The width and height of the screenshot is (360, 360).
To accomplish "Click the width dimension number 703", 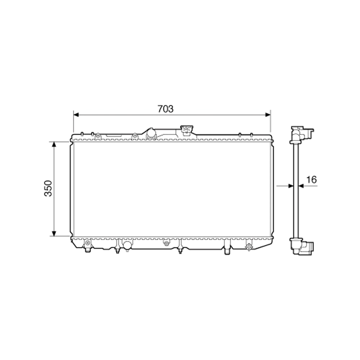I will tap(165, 109).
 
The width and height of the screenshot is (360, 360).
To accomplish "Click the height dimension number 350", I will tap(48, 188).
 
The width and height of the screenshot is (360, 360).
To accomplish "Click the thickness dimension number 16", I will tap(312, 180).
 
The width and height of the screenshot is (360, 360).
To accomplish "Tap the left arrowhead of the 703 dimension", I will tap(76, 115).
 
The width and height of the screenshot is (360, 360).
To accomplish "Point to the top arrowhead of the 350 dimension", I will tap(54, 144).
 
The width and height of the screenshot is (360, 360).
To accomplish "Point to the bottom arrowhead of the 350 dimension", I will tap(54, 234).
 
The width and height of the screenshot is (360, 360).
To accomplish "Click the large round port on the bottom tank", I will tap(127, 245).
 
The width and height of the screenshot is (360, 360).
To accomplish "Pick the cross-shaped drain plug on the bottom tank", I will tap(249, 247).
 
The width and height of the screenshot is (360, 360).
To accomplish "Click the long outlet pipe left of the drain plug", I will tap(227, 249).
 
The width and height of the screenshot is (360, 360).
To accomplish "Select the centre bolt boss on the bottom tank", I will tap(166, 243).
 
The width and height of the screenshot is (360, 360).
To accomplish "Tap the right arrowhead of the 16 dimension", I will tap(301, 186).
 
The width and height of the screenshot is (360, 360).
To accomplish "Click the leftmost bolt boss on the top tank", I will tap(97, 135).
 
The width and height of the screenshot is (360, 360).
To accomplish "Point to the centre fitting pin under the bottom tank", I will tap(180, 249).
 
